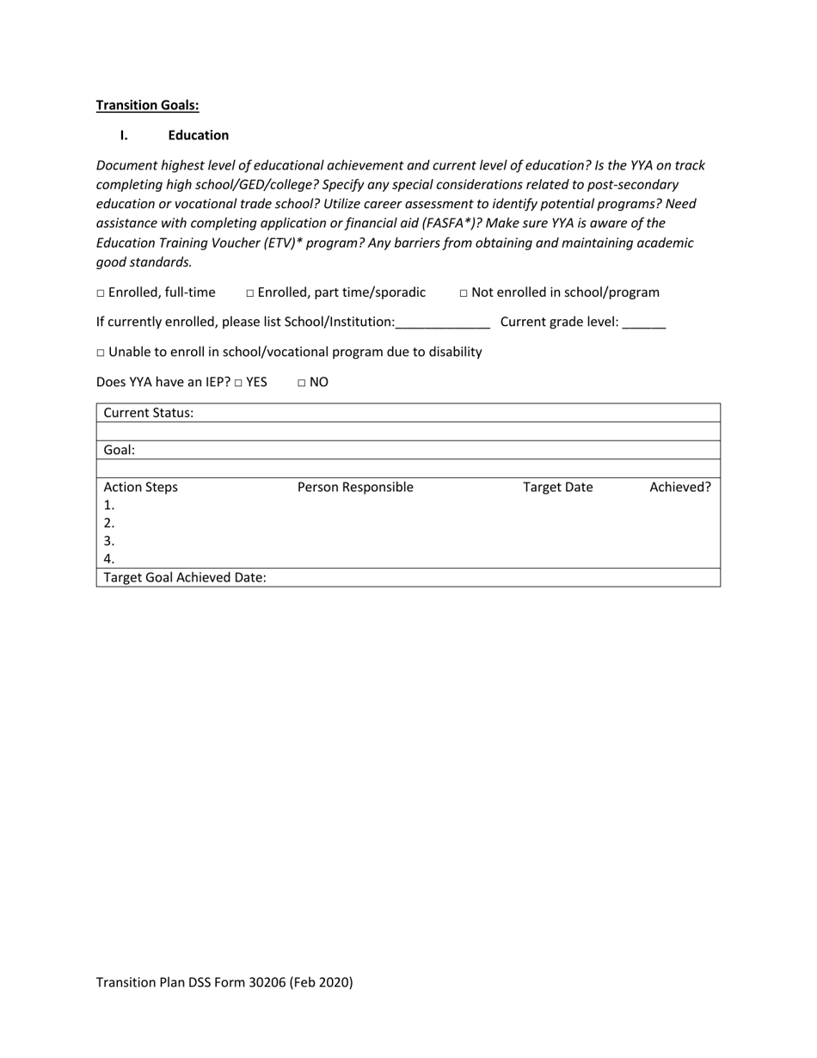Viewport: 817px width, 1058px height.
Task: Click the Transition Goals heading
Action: pyautogui.click(x=147, y=105)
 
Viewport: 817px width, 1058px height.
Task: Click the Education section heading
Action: pyautogui.click(x=198, y=135)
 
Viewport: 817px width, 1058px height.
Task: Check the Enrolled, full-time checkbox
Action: pyautogui.click(x=101, y=293)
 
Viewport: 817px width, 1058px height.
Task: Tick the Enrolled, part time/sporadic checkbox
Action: pyautogui.click(x=250, y=293)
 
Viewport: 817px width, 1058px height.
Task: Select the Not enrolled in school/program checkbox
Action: pyautogui.click(x=464, y=293)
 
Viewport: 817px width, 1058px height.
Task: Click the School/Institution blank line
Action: pyautogui.click(x=442, y=323)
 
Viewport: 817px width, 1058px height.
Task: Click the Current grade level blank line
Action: pyautogui.click(x=643, y=323)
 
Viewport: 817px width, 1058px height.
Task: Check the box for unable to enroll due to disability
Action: pyautogui.click(x=101, y=353)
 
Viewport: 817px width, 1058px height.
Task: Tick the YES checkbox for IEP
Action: pyautogui.click(x=238, y=383)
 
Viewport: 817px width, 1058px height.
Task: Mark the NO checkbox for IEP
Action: pyautogui.click(x=302, y=383)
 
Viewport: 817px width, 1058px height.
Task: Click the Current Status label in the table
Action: pyautogui.click(x=149, y=413)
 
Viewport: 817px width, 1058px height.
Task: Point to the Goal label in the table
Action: pyautogui.click(x=120, y=450)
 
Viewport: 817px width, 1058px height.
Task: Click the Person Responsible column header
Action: pyautogui.click(x=355, y=488)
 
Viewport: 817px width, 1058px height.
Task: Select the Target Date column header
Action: pyautogui.click(x=557, y=488)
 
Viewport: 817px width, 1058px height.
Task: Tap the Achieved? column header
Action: pyautogui.click(x=679, y=488)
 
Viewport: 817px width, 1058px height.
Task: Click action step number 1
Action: pyautogui.click(x=109, y=506)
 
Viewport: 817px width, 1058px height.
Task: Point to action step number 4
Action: pyautogui.click(x=109, y=559)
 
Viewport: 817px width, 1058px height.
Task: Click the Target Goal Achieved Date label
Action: pyautogui.click(x=185, y=578)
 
